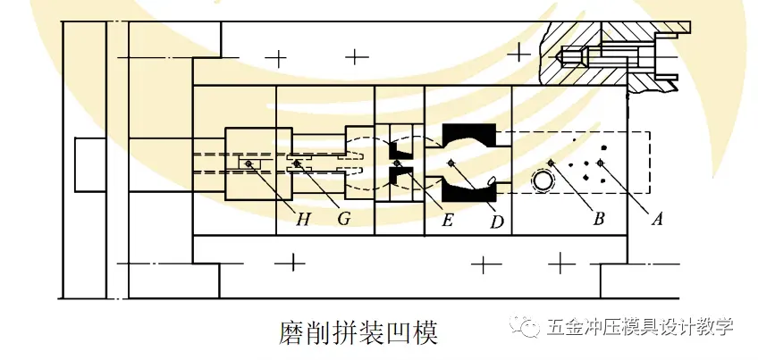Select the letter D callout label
(x=497, y=220)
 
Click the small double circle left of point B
(x=542, y=181)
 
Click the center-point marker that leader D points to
(x=452, y=163)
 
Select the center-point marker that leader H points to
(x=248, y=163)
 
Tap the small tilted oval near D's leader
(x=491, y=182)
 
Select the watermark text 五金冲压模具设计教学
(x=639, y=326)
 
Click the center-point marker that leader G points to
(x=298, y=163)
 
